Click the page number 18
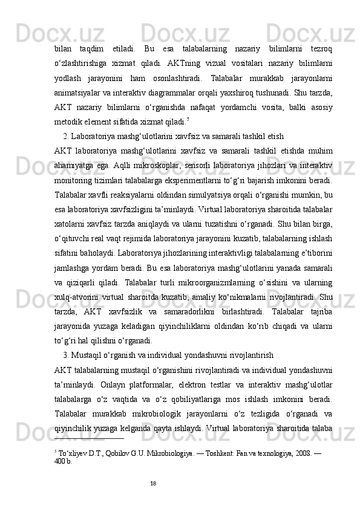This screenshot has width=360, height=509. pyautogui.click(x=154, y=483)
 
